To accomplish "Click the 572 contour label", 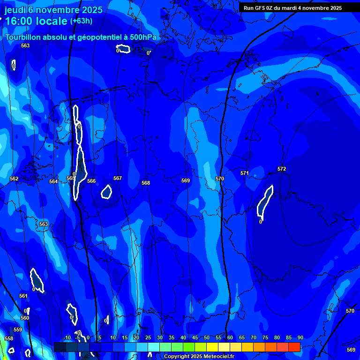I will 282,169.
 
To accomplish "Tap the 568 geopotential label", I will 146,183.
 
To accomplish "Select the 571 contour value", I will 245,173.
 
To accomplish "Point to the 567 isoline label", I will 118,178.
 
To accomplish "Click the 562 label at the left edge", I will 14,179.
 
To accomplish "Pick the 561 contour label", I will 23,296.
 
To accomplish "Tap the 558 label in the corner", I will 9,338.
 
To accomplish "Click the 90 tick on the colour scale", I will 300,337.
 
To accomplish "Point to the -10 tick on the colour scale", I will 67,337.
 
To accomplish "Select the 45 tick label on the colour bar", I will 195,337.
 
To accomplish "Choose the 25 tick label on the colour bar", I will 148,337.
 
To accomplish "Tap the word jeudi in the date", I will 15,9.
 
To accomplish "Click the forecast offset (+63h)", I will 81,21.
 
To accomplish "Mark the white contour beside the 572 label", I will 265,202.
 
